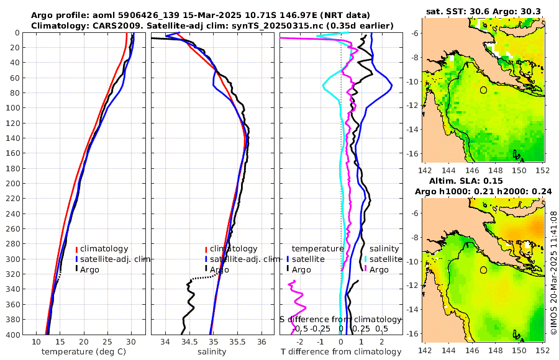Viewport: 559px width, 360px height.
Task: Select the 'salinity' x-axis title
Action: (211, 352)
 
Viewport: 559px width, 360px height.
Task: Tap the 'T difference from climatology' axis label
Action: (341, 352)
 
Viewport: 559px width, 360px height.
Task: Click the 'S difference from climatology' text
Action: (340, 318)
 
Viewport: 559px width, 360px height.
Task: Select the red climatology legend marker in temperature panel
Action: (76, 249)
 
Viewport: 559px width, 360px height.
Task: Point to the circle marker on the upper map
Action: (483, 90)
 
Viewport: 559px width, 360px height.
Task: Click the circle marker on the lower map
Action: (483, 270)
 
